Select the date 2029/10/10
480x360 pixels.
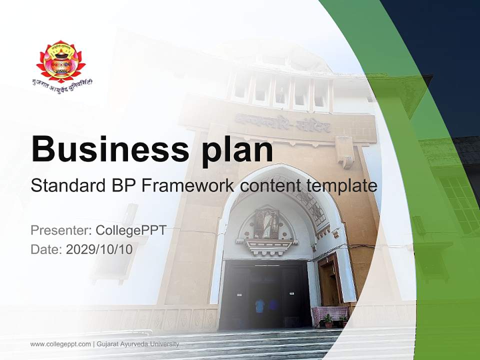click(99, 249)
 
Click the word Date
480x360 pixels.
click(45, 249)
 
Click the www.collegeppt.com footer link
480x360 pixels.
click(60, 344)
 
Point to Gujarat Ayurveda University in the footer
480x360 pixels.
click(137, 344)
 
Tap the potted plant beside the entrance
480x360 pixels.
click(328, 320)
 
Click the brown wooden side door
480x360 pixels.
click(329, 280)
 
